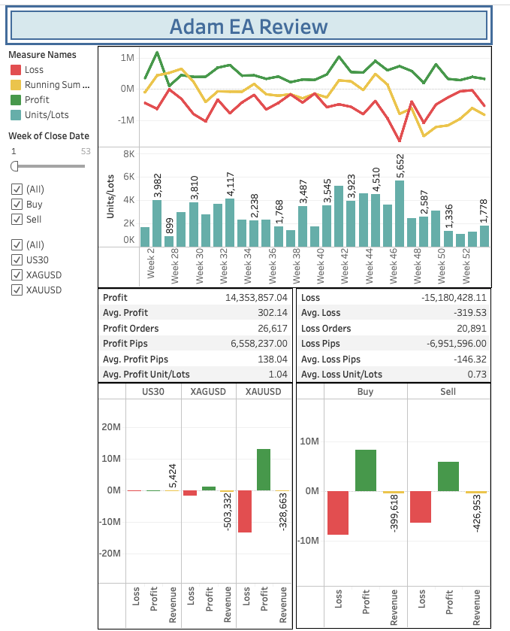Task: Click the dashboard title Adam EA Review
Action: point(249,27)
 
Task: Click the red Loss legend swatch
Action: point(15,70)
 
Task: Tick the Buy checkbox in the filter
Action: point(16,204)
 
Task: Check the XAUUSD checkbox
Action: point(16,290)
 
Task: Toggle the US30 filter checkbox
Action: point(16,259)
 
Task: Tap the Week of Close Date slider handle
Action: point(14,165)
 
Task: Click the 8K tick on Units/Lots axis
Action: point(128,153)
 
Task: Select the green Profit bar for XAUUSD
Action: point(264,469)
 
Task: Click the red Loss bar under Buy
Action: point(338,513)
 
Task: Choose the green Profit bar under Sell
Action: point(448,476)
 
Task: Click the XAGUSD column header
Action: point(209,392)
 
